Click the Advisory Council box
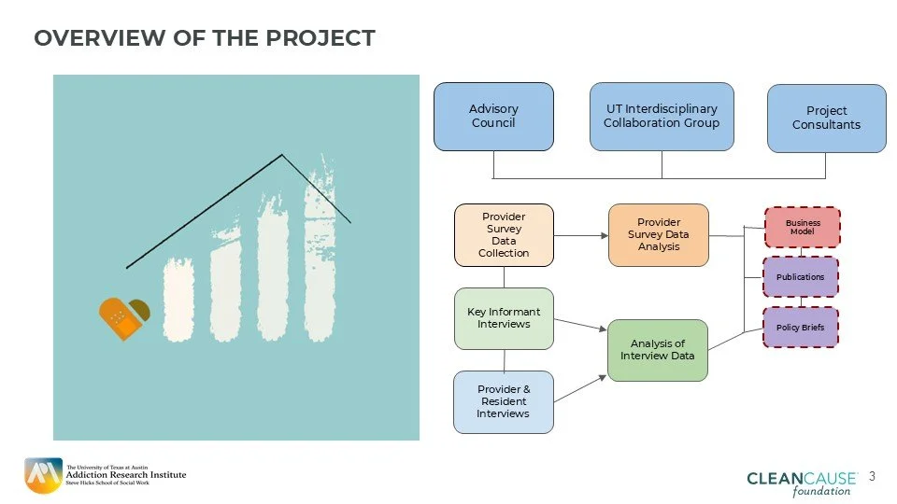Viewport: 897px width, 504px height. pos(493,117)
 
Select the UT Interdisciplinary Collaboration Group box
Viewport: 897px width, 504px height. pos(662,117)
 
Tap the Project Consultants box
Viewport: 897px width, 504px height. pos(826,119)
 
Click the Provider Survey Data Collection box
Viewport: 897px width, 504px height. pos(504,235)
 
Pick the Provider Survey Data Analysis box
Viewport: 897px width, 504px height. pos(659,235)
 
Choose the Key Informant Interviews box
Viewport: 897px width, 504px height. pos(504,318)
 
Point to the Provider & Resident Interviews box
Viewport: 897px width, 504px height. pos(504,401)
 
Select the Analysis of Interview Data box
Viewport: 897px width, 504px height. pos(658,350)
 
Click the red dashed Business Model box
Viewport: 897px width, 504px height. pos(802,228)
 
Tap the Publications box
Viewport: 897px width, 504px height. pos(801,277)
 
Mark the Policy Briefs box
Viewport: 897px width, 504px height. pos(801,328)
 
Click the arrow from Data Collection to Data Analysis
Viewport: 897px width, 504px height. pos(580,235)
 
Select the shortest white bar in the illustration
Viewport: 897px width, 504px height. pos(178,301)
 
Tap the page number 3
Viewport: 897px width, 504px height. pos(873,477)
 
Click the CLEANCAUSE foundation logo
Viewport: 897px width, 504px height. pos(802,483)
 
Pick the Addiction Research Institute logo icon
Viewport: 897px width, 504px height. pos(43,475)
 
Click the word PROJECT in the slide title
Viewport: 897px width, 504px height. pos(320,38)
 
